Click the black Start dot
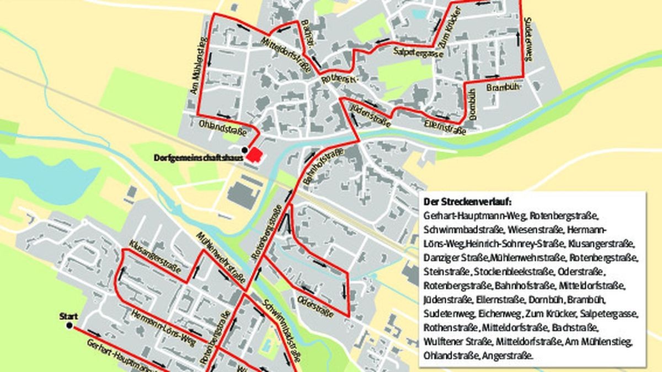pos(70,326)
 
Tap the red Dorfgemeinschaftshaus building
pos(254,155)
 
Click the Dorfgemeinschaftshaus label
pos(199,159)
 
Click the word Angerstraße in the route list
pos(508,356)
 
